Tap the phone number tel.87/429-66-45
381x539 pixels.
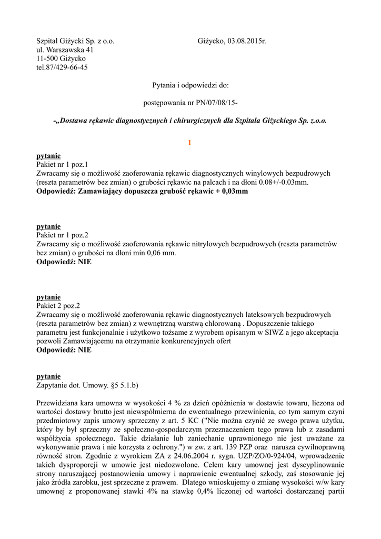click(x=62, y=67)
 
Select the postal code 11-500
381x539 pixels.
click(x=47, y=58)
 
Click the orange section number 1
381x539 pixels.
click(x=190, y=143)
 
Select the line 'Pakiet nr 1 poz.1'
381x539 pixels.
click(x=62, y=165)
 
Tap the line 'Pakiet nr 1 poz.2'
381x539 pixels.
click(x=62, y=235)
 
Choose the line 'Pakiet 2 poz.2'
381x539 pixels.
click(x=58, y=306)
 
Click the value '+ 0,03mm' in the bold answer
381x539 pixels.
click(x=229, y=192)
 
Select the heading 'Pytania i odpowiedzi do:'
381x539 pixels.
click(x=190, y=85)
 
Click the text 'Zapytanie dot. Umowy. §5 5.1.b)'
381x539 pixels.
click(x=87, y=385)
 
